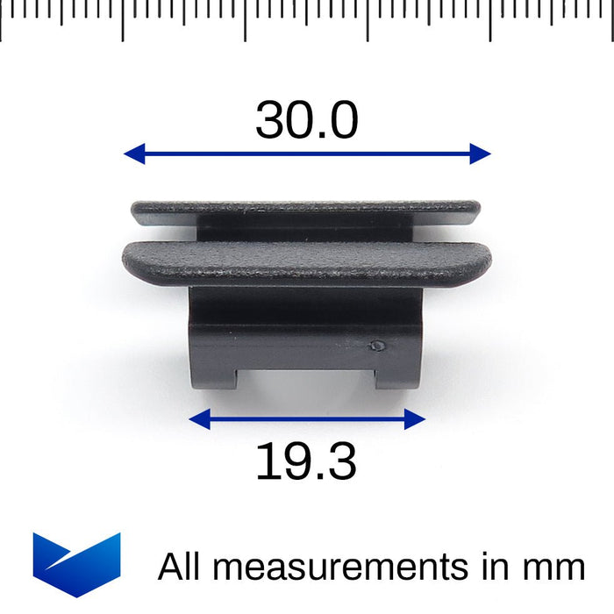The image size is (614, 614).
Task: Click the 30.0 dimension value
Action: tap(307, 120)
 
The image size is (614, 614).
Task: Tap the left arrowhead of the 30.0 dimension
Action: tap(134, 154)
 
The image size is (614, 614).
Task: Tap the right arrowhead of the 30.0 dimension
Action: tap(480, 154)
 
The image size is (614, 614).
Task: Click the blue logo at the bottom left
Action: tap(76, 562)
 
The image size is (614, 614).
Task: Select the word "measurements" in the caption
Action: tap(341, 567)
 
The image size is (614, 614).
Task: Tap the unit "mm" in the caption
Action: tap(556, 568)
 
